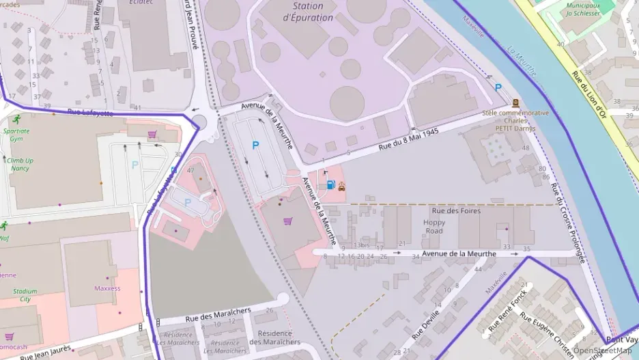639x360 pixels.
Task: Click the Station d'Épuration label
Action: (307, 12)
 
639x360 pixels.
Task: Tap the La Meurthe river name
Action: (522, 61)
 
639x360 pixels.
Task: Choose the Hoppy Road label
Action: (434, 227)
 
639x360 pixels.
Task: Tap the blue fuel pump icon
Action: (331, 184)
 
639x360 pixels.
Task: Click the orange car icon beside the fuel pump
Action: (341, 185)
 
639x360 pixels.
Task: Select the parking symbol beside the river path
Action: (498, 88)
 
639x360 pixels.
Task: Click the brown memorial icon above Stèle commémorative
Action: (515, 103)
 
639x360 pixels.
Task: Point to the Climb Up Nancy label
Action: (20, 164)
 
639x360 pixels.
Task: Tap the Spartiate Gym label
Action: (16, 134)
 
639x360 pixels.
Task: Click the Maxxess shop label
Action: (107, 288)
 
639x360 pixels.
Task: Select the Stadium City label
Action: (25, 295)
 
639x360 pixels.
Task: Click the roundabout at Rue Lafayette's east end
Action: (199, 122)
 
